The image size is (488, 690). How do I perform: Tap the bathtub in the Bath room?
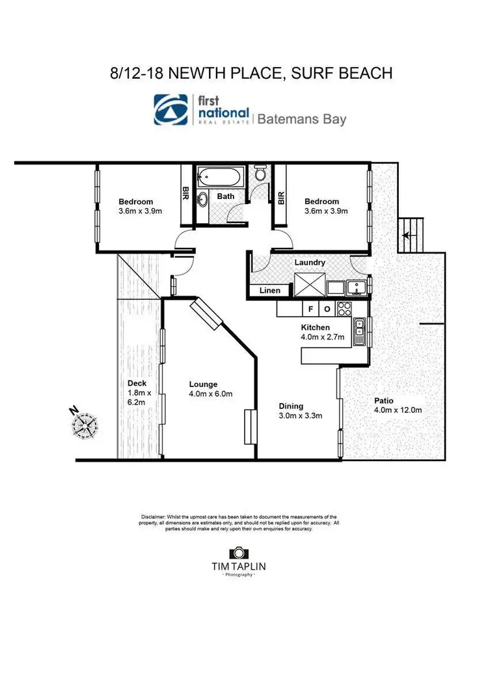[x=219, y=176]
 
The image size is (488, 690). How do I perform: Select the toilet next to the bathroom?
[x=260, y=174]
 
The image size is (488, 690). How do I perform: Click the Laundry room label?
[x=310, y=262]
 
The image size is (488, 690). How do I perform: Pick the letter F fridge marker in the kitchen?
[x=310, y=308]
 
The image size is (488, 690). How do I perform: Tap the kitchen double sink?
[x=359, y=332]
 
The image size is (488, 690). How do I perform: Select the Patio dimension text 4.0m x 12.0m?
[x=398, y=410]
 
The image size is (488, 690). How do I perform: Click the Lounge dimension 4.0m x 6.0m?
[x=211, y=393]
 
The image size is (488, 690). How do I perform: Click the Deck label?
[x=137, y=384]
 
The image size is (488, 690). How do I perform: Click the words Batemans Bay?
[x=302, y=119]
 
